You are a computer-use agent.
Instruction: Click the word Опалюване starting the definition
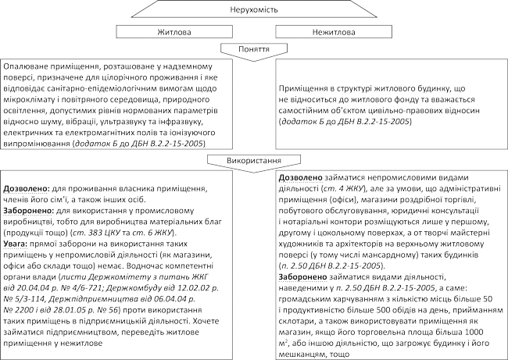[x=27, y=70]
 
